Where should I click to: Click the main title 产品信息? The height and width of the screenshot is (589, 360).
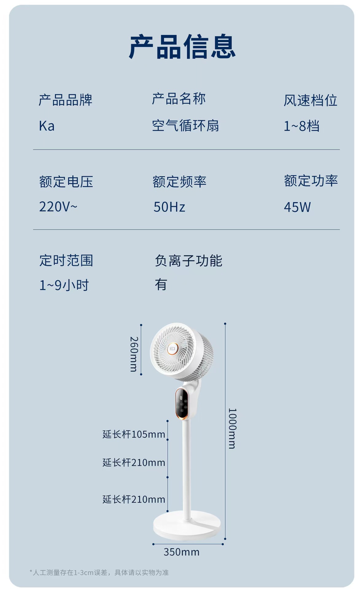182,47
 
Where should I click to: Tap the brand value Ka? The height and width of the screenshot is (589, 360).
47,126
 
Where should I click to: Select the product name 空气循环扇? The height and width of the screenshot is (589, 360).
185,126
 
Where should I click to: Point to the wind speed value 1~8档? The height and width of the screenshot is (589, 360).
301,126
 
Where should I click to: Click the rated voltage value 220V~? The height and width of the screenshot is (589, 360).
58,207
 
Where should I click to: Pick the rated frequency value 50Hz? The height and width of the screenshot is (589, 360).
169,207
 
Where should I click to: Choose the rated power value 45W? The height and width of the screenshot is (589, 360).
297,207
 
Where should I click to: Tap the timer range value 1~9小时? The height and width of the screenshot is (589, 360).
64,285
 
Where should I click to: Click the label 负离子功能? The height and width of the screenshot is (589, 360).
188,261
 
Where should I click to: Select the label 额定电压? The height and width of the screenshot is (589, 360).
66,182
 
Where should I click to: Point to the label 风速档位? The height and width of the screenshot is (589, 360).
310,100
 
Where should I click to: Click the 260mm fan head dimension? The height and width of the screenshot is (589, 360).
134,354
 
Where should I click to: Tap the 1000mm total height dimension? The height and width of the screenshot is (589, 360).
232,428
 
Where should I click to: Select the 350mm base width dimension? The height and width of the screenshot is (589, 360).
181,552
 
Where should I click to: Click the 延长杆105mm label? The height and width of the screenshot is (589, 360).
134,434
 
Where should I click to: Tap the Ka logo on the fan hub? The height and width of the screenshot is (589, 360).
172,349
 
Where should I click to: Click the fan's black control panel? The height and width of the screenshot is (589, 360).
182,403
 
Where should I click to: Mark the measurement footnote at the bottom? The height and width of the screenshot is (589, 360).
99,573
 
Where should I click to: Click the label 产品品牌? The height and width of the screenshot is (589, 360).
65,100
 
